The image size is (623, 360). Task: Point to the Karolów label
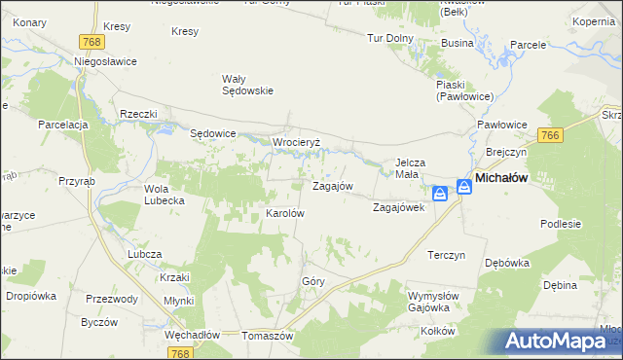[286, 213]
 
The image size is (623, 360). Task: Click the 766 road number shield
[551, 135]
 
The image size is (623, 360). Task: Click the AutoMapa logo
[564, 341]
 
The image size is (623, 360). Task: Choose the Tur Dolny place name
[390, 39]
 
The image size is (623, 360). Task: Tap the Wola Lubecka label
[165, 195]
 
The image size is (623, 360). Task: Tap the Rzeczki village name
[138, 114]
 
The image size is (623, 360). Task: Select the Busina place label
[457, 44]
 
